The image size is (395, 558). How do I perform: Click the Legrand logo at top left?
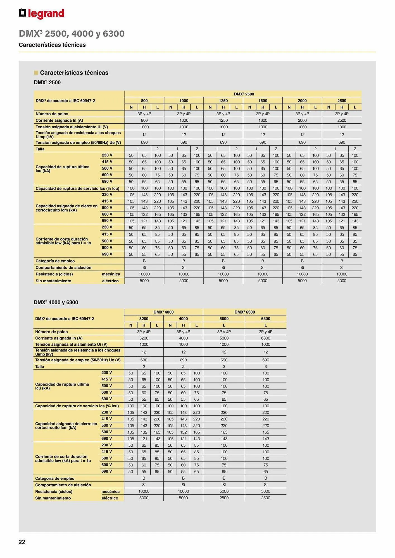[41, 13]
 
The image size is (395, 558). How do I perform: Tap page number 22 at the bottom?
[22, 542]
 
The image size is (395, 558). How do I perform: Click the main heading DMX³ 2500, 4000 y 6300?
[72, 33]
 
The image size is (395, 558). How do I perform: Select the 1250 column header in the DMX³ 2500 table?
[223, 101]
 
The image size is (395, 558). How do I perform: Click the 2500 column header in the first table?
[342, 101]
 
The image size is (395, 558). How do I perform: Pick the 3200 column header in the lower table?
[144, 319]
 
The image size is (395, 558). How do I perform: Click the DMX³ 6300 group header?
[245, 312]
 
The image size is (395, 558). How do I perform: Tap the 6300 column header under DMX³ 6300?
[266, 319]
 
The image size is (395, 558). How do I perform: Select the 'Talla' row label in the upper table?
[40, 149]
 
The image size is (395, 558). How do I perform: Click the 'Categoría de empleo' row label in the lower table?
[55, 478]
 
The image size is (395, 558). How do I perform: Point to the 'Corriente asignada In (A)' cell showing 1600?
[263, 120]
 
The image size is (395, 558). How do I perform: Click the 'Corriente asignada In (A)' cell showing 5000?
[224, 338]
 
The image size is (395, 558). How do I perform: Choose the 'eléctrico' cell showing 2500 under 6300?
[266, 498]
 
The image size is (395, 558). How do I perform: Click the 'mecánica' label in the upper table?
[111, 274]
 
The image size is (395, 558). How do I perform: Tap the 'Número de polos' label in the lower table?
[51, 332]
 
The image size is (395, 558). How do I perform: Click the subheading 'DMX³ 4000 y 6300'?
[56, 302]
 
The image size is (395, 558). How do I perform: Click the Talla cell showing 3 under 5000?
[224, 366]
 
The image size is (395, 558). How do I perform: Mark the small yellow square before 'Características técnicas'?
[36, 73]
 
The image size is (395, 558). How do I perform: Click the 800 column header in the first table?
[144, 101]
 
